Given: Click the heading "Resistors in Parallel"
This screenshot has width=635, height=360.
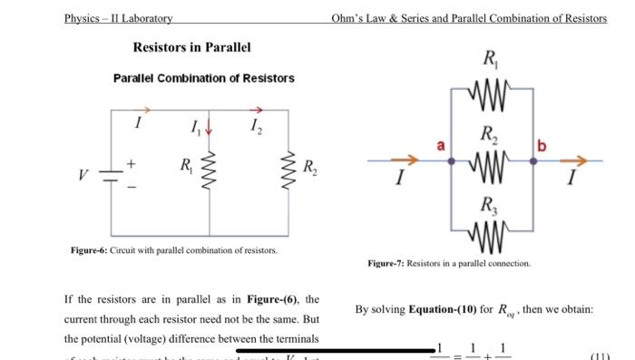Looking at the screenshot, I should click(x=191, y=47).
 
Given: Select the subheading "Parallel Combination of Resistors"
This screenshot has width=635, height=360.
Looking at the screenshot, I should click(x=203, y=79).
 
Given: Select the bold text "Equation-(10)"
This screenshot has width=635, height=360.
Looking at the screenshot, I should click(x=444, y=309).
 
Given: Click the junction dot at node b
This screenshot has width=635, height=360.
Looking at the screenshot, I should click(x=532, y=161).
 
